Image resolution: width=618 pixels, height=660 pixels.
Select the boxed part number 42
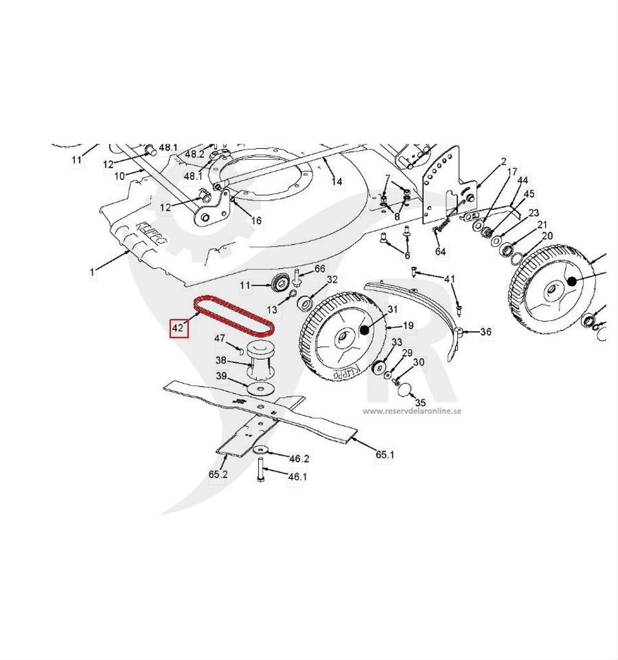coord(178,328)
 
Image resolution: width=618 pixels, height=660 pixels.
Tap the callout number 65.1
coord(386,454)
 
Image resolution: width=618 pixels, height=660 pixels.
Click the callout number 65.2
coord(218,474)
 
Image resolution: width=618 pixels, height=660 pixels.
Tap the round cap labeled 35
coord(403,388)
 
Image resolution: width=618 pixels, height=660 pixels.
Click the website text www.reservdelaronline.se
coord(412,411)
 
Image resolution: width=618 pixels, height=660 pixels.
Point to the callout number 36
coord(486,332)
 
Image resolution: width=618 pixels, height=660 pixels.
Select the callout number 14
coord(337,182)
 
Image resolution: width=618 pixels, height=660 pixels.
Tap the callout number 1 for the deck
coord(92,272)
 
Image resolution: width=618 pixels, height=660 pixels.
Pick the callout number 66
coord(320,269)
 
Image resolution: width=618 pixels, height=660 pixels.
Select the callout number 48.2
coord(194,155)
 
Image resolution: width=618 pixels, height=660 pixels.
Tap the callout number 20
coord(546,236)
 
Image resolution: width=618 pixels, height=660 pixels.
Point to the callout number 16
coord(256,220)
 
